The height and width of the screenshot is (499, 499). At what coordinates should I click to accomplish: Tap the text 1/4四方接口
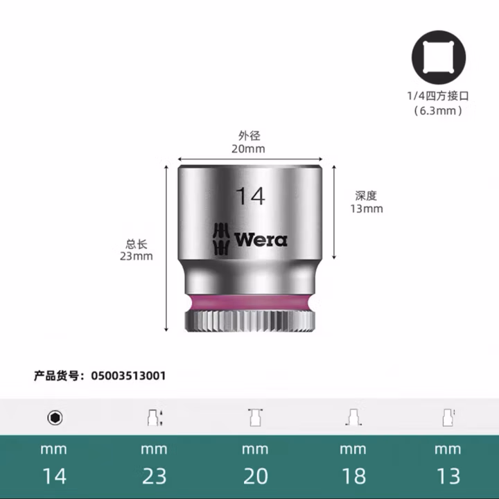tap(439, 96)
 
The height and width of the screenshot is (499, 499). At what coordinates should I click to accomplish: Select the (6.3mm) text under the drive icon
tap(438, 110)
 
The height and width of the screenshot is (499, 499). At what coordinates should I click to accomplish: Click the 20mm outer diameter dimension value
tap(249, 148)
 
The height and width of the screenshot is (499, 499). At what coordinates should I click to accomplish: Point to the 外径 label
tap(249, 136)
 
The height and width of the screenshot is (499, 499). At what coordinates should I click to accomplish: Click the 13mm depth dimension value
tap(366, 209)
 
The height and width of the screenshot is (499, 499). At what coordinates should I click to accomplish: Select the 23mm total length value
tap(136, 256)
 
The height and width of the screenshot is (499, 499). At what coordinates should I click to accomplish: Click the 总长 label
tap(136, 244)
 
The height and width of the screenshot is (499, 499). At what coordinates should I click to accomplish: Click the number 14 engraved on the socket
tap(249, 196)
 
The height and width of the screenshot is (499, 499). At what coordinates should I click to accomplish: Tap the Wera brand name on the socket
tap(261, 240)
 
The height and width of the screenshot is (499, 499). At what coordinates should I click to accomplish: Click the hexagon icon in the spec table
tap(55, 417)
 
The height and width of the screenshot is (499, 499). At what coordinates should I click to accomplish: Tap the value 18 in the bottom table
tap(353, 475)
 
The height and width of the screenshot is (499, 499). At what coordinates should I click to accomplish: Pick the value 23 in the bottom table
tap(154, 475)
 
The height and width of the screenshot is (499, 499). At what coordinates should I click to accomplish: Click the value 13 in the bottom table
tap(448, 475)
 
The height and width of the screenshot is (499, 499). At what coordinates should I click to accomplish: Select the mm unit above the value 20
tap(254, 449)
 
